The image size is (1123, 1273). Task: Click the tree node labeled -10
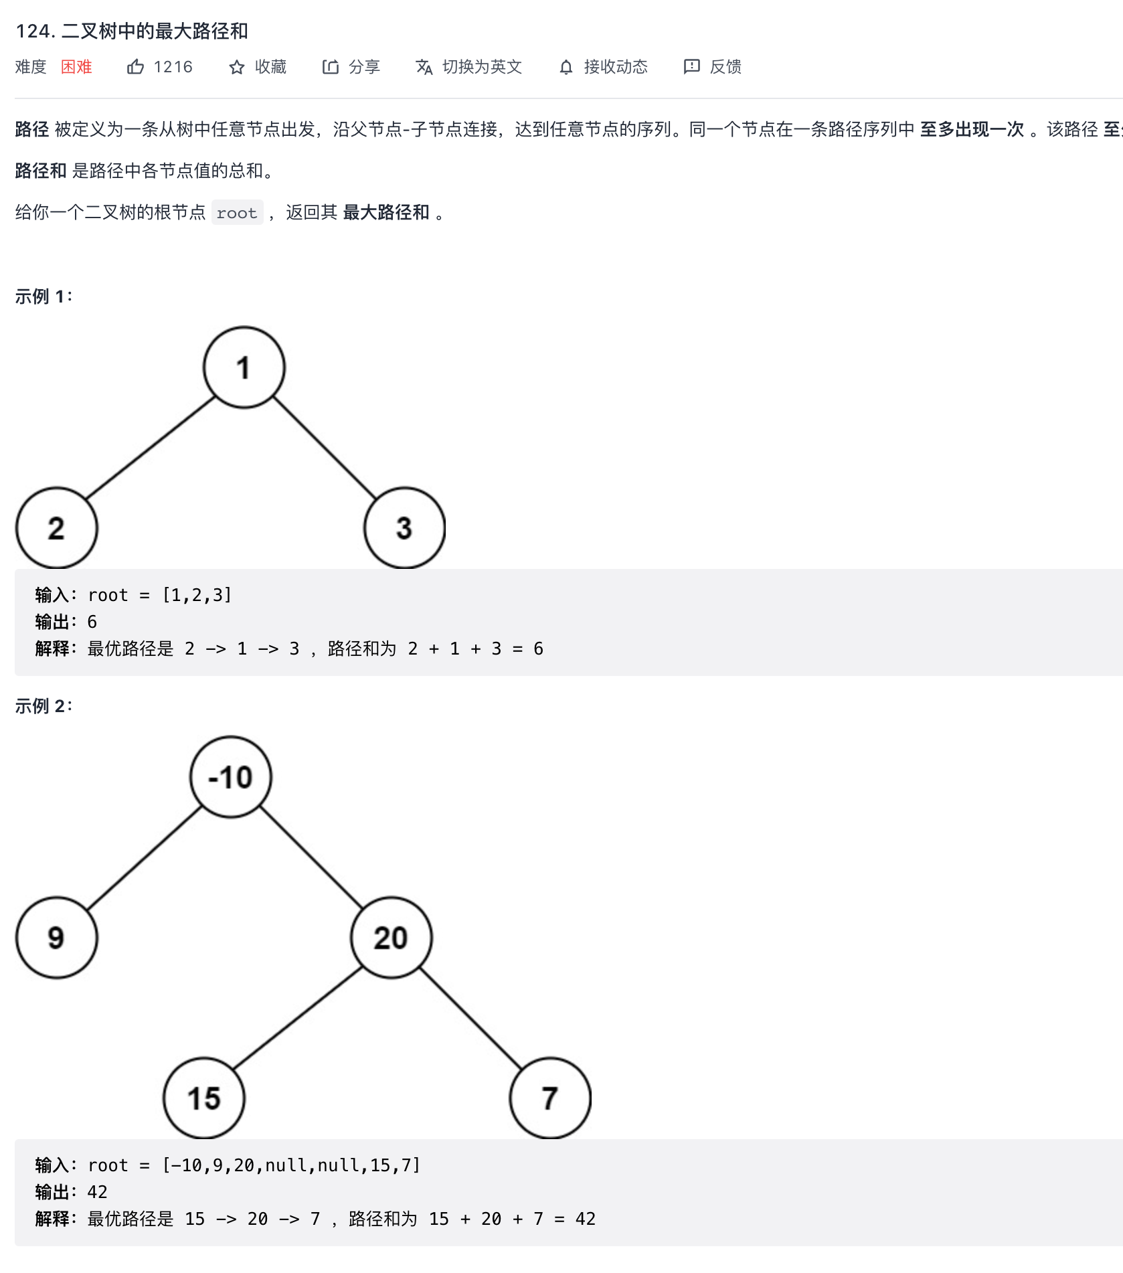click(x=231, y=777)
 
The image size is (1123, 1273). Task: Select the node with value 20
click(x=392, y=938)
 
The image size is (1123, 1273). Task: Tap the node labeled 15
click(x=204, y=1098)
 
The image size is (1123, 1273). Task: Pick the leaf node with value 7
click(x=550, y=1098)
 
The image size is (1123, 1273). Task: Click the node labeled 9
click(x=57, y=938)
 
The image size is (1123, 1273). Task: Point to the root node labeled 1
click(x=244, y=367)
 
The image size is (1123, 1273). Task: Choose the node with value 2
click(x=57, y=528)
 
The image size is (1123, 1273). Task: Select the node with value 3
click(x=404, y=528)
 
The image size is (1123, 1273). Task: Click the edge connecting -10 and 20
click(x=311, y=857)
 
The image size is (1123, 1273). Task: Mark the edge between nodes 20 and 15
click(x=298, y=1018)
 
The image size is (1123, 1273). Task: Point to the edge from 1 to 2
click(x=151, y=448)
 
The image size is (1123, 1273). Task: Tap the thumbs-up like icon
click(x=135, y=67)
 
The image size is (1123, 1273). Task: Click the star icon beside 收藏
click(x=236, y=67)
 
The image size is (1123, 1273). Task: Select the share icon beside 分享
click(x=330, y=67)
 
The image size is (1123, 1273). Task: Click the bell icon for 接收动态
click(x=566, y=67)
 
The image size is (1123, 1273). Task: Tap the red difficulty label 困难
click(x=76, y=67)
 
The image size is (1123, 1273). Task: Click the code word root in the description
click(x=237, y=213)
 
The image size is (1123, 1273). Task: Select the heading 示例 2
click(x=44, y=706)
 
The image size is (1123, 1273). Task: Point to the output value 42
click(x=98, y=1192)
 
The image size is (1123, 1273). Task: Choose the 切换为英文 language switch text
click(x=482, y=67)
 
